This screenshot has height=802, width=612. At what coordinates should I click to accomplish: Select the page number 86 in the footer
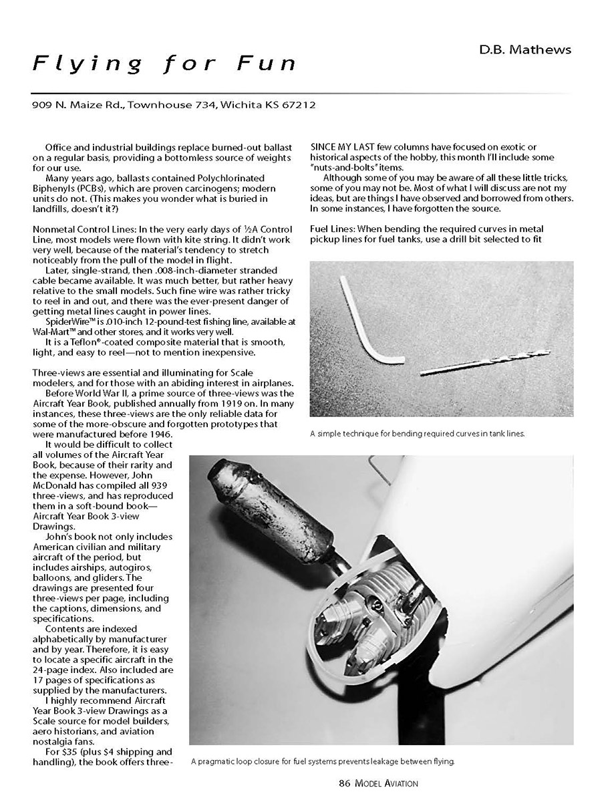(345, 783)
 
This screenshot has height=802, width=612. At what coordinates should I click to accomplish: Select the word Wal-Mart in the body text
(52, 332)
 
